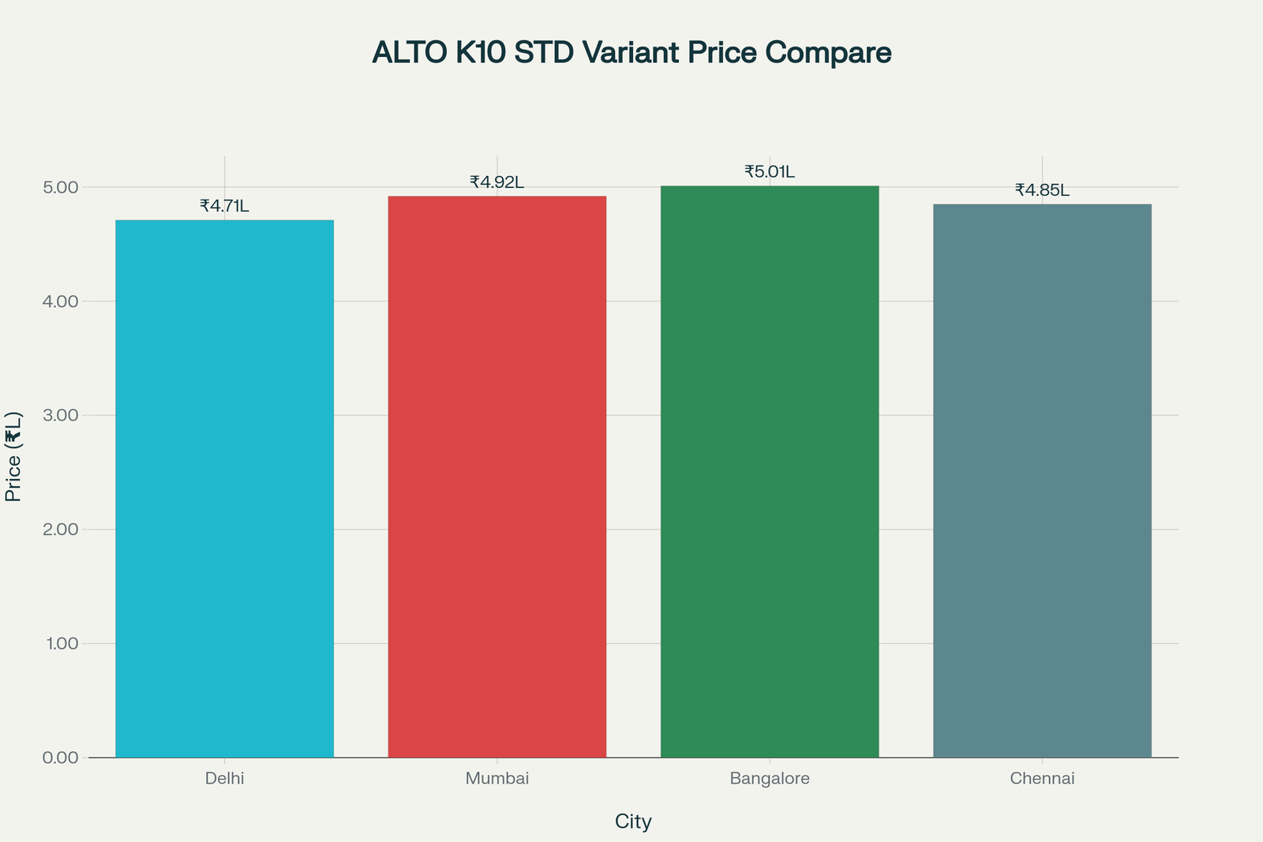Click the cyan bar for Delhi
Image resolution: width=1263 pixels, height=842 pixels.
224,488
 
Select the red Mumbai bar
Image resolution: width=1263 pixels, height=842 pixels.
497,477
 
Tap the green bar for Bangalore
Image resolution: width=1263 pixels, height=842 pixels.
770,472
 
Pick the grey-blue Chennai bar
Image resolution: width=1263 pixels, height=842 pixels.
1042,481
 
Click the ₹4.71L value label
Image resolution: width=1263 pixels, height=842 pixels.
224,206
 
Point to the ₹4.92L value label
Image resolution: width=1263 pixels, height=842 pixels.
497,182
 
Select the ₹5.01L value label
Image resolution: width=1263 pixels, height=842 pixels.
770,172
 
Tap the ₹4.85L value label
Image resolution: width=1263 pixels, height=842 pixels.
1042,190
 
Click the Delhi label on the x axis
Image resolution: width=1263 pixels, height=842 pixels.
224,779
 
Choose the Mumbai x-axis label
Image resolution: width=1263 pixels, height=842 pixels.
497,779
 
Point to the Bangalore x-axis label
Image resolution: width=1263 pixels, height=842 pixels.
770,779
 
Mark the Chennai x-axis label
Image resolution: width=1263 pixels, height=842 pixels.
1042,779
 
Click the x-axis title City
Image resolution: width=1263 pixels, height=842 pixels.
633,822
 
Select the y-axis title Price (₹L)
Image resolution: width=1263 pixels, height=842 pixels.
13,456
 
